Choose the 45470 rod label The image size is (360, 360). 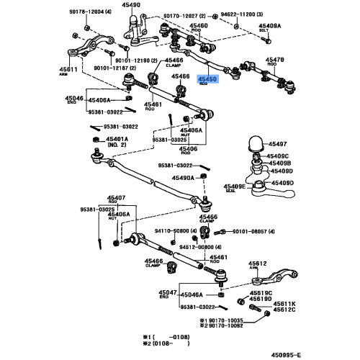pos(276,61)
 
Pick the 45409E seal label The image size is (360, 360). pos(235,186)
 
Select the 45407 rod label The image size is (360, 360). pos(117,197)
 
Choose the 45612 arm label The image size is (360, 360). pos(258,264)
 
